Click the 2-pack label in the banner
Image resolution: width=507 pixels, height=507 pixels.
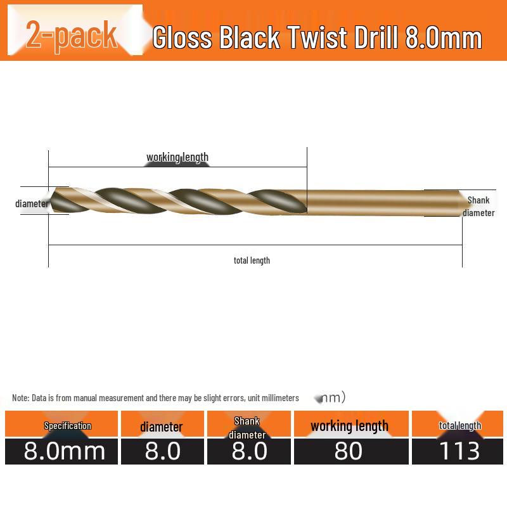72,35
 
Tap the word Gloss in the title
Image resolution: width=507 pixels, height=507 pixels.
183,37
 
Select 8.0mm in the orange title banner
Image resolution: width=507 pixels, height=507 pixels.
443,37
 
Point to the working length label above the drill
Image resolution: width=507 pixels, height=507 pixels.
177,157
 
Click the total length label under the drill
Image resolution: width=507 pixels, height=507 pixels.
252,260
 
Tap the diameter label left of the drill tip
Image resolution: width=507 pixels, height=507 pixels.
32,203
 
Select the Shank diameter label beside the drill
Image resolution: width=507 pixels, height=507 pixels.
478,207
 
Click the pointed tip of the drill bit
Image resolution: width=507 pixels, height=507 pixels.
49,200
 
